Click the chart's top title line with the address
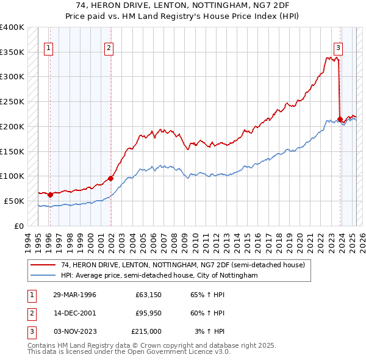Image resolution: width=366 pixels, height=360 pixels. [183, 5]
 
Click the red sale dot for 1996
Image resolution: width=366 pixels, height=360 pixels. [50, 195]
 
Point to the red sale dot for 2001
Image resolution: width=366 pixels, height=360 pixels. [110, 179]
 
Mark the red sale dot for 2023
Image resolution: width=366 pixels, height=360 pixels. [340, 119]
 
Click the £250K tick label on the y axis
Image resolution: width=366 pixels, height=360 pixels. [12, 101]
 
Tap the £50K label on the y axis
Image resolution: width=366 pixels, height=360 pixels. [14, 201]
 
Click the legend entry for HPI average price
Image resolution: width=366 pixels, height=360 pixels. [159, 276]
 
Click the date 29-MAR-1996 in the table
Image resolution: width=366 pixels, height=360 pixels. [74, 295]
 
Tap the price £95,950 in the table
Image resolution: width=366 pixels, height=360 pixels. [146, 313]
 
